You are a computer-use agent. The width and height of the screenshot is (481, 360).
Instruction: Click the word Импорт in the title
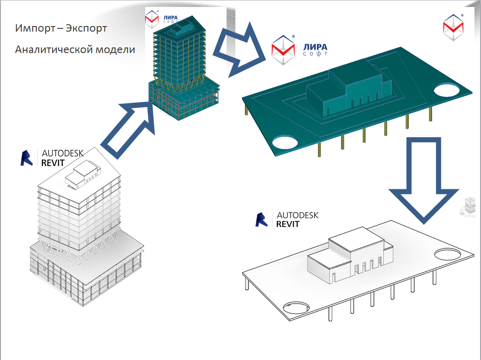[35, 28]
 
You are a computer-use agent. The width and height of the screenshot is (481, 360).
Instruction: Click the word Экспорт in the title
[86, 28]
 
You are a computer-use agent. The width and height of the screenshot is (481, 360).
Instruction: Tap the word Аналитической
[53, 49]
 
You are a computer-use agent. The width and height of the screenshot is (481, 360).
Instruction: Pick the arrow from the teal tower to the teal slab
[239, 49]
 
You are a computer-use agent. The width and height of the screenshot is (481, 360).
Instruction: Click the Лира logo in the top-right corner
[454, 27]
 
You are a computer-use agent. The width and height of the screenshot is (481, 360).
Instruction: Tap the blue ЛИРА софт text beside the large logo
[315, 50]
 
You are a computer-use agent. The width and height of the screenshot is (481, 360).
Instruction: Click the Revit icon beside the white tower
[27, 158]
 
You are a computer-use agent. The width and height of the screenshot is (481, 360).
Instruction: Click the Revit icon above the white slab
[261, 220]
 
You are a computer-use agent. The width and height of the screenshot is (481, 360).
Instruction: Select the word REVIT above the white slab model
[287, 225]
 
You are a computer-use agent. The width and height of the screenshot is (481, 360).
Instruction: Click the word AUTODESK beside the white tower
[63, 153]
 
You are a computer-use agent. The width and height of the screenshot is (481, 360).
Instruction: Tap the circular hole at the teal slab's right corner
[447, 90]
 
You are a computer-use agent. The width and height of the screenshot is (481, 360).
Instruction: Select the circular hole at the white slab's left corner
[296, 307]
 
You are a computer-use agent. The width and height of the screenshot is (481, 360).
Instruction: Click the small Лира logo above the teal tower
[152, 19]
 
